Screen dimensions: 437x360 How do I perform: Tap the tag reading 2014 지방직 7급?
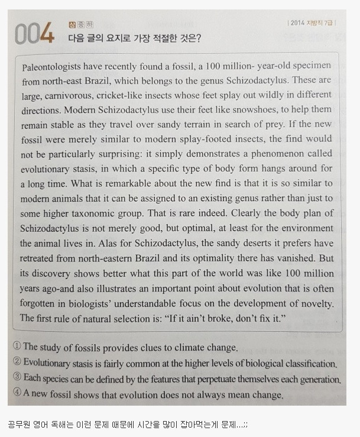(311, 23)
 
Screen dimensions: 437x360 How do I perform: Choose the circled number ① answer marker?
(17, 347)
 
